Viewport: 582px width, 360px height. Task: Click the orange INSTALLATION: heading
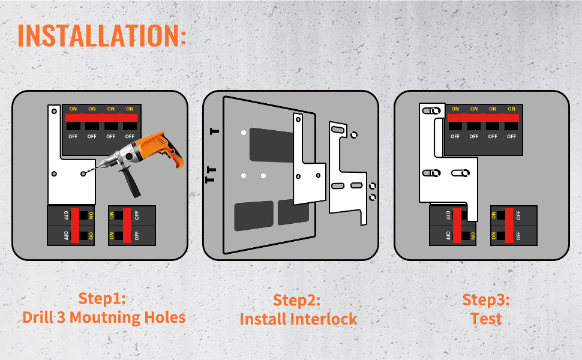(x=102, y=35)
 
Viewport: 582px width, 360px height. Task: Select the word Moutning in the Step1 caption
(x=104, y=317)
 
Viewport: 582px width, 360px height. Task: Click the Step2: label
(x=296, y=300)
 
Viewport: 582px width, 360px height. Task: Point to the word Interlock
(x=323, y=319)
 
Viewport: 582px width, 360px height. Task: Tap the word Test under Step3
(x=486, y=319)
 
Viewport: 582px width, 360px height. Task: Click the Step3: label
(x=486, y=300)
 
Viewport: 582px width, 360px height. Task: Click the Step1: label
(x=102, y=298)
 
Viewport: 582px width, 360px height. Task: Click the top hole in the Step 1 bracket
(x=54, y=111)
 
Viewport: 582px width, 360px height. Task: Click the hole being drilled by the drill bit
(x=83, y=173)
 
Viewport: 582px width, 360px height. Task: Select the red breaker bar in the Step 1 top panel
(x=101, y=117)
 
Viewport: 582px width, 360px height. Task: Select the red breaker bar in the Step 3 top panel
(x=483, y=117)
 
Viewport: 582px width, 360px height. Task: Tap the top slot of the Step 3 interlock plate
(x=431, y=110)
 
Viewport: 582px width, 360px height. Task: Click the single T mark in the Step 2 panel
(x=214, y=131)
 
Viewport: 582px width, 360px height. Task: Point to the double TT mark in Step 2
(x=211, y=175)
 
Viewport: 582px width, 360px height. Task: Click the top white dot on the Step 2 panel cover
(x=244, y=133)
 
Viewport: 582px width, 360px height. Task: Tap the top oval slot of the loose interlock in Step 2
(x=337, y=130)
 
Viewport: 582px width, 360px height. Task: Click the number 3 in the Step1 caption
(x=61, y=317)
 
